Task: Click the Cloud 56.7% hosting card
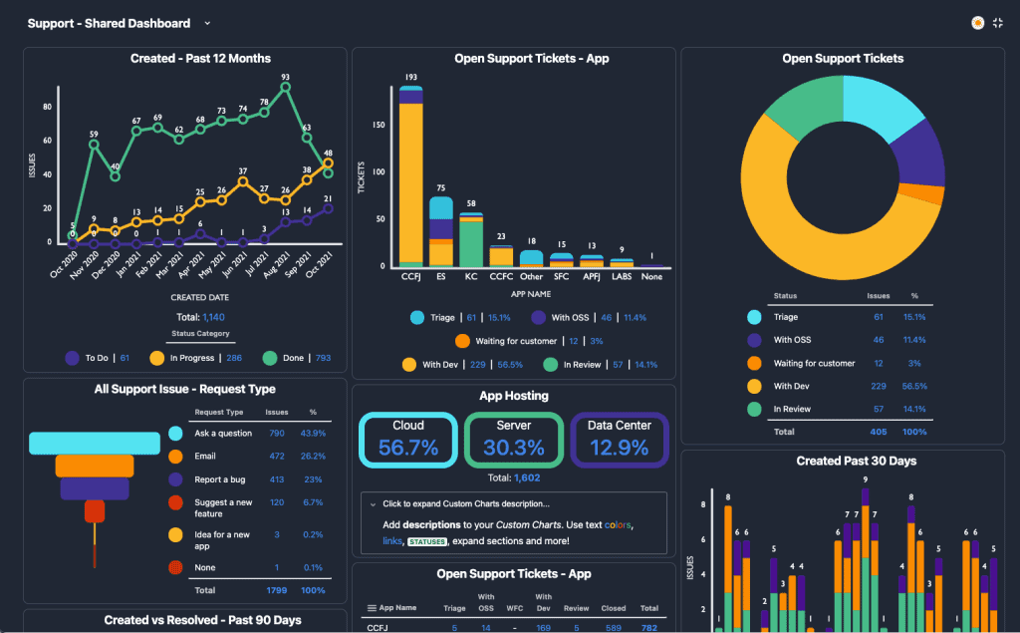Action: click(x=408, y=440)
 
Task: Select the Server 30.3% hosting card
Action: click(x=514, y=440)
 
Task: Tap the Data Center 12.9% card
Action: click(x=619, y=440)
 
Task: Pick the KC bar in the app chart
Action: click(x=470, y=240)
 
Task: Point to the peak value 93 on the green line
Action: click(x=285, y=78)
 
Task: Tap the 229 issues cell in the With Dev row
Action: click(x=878, y=386)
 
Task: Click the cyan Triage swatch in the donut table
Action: click(x=754, y=317)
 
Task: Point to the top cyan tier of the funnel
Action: click(x=96, y=443)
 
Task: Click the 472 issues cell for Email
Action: click(x=277, y=457)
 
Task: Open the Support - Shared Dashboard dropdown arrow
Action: click(x=207, y=23)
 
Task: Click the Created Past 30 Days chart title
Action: click(x=856, y=461)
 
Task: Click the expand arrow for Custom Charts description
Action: click(x=372, y=503)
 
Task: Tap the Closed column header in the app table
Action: click(x=615, y=607)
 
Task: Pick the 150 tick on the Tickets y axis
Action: click(x=377, y=125)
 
